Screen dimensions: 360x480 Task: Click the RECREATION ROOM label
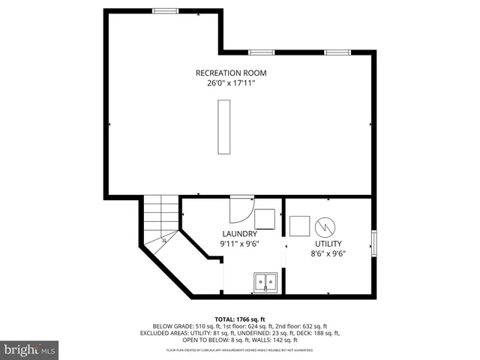coord(230,73)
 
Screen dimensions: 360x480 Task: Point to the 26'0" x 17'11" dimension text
coord(230,83)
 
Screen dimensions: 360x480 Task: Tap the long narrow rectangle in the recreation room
coord(223,127)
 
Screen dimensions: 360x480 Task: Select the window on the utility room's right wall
coord(373,244)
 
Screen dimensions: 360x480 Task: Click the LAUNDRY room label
coord(239,233)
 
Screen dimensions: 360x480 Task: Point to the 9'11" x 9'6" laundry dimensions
coord(239,244)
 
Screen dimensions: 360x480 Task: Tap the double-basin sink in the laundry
coord(265,283)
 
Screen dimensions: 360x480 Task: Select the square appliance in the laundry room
coord(265,218)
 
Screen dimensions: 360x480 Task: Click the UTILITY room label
coord(328,243)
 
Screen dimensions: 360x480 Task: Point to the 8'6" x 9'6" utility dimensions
coord(328,253)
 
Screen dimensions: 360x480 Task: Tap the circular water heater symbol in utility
coord(325,226)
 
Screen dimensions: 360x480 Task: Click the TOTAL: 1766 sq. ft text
coord(239,319)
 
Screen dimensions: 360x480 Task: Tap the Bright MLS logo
coord(30,349)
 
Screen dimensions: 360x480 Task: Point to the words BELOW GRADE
coord(171,326)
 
